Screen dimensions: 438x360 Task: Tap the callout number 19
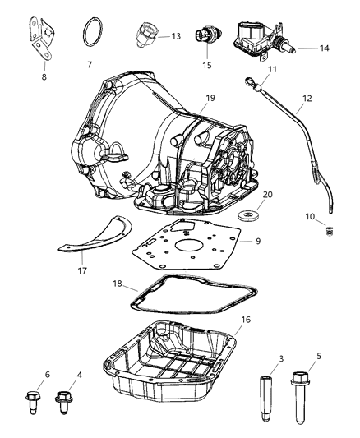(x=210, y=99)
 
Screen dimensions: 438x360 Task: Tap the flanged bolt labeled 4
(x=62, y=405)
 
